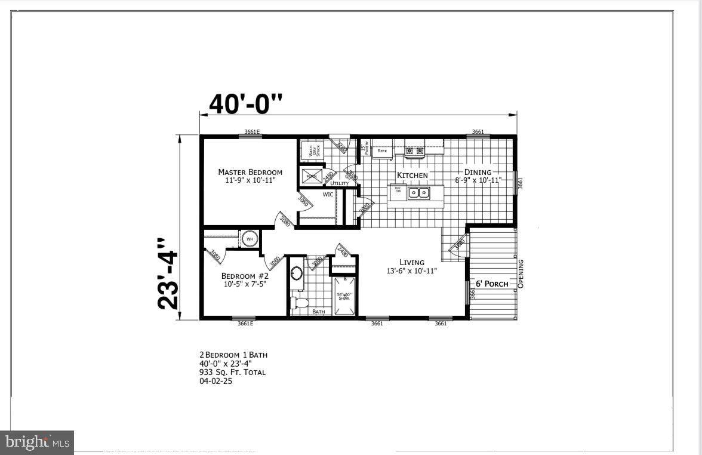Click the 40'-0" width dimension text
(x=245, y=104)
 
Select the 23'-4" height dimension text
(x=169, y=274)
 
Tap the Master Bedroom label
(x=250, y=172)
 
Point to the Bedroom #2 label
(x=245, y=276)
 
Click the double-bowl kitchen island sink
(x=418, y=193)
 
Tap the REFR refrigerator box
(x=382, y=151)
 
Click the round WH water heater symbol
(x=250, y=239)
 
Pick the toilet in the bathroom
(x=299, y=302)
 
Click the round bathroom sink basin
(x=297, y=274)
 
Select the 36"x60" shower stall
(x=344, y=296)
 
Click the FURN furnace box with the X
(x=311, y=176)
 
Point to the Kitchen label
(x=412, y=175)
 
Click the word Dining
(x=478, y=172)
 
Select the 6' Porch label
(x=492, y=284)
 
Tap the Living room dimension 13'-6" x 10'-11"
(x=412, y=270)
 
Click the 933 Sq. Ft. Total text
(x=232, y=372)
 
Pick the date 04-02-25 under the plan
(x=215, y=381)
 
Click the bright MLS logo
(x=37, y=442)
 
